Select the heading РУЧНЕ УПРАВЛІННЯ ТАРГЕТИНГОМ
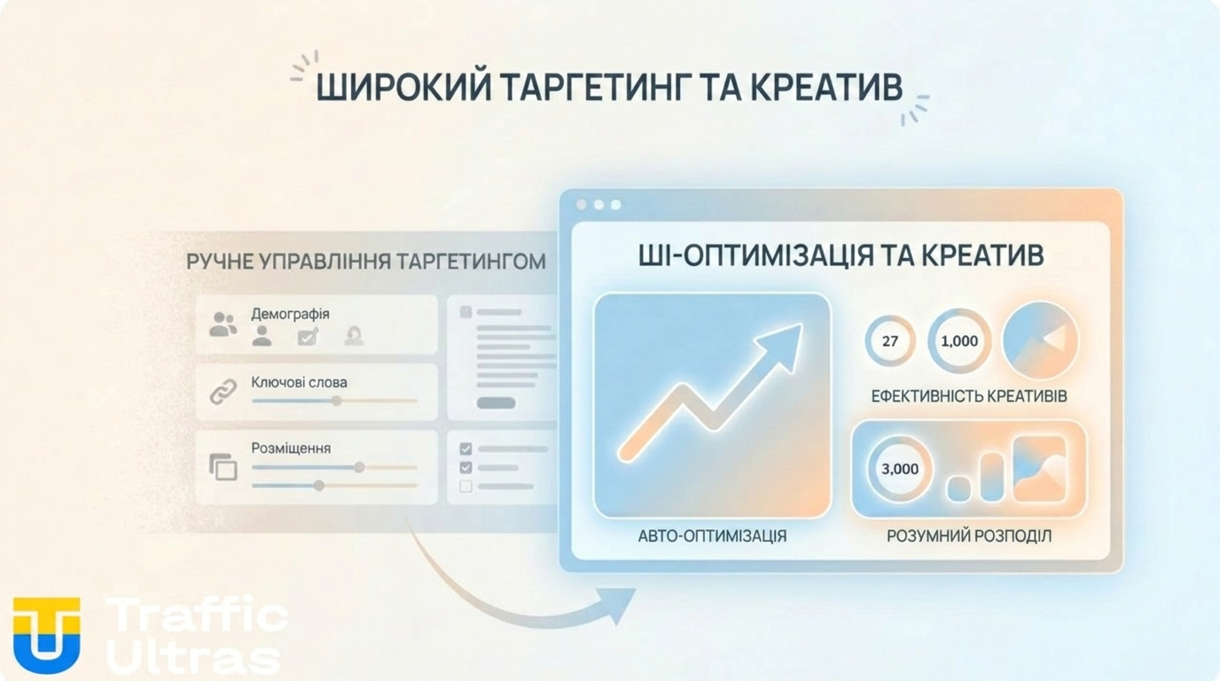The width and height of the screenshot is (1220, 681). (x=365, y=262)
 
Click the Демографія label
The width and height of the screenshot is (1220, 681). (x=290, y=314)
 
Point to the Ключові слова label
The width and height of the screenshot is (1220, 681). (x=299, y=382)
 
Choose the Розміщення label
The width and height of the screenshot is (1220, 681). (x=291, y=448)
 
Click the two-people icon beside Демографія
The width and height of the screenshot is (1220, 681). (x=223, y=325)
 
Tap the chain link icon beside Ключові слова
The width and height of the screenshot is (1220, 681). (x=223, y=392)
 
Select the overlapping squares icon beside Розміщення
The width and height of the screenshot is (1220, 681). (x=223, y=466)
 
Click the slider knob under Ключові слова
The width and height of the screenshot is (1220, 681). (x=336, y=401)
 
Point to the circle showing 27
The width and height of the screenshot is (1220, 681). (x=890, y=340)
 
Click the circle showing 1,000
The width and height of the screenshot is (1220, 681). (x=959, y=340)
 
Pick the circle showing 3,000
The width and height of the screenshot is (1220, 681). (x=900, y=468)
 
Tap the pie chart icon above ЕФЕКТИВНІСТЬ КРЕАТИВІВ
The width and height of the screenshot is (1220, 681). (x=1040, y=340)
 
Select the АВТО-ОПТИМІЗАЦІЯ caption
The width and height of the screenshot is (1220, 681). (x=712, y=536)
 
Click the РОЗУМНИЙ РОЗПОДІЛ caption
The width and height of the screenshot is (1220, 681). (x=969, y=536)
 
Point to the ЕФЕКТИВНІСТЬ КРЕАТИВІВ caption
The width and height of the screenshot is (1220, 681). (x=969, y=395)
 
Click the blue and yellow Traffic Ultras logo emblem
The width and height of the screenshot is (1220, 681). (x=46, y=633)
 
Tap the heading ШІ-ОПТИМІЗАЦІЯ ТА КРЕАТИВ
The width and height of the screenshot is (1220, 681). (x=841, y=255)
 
